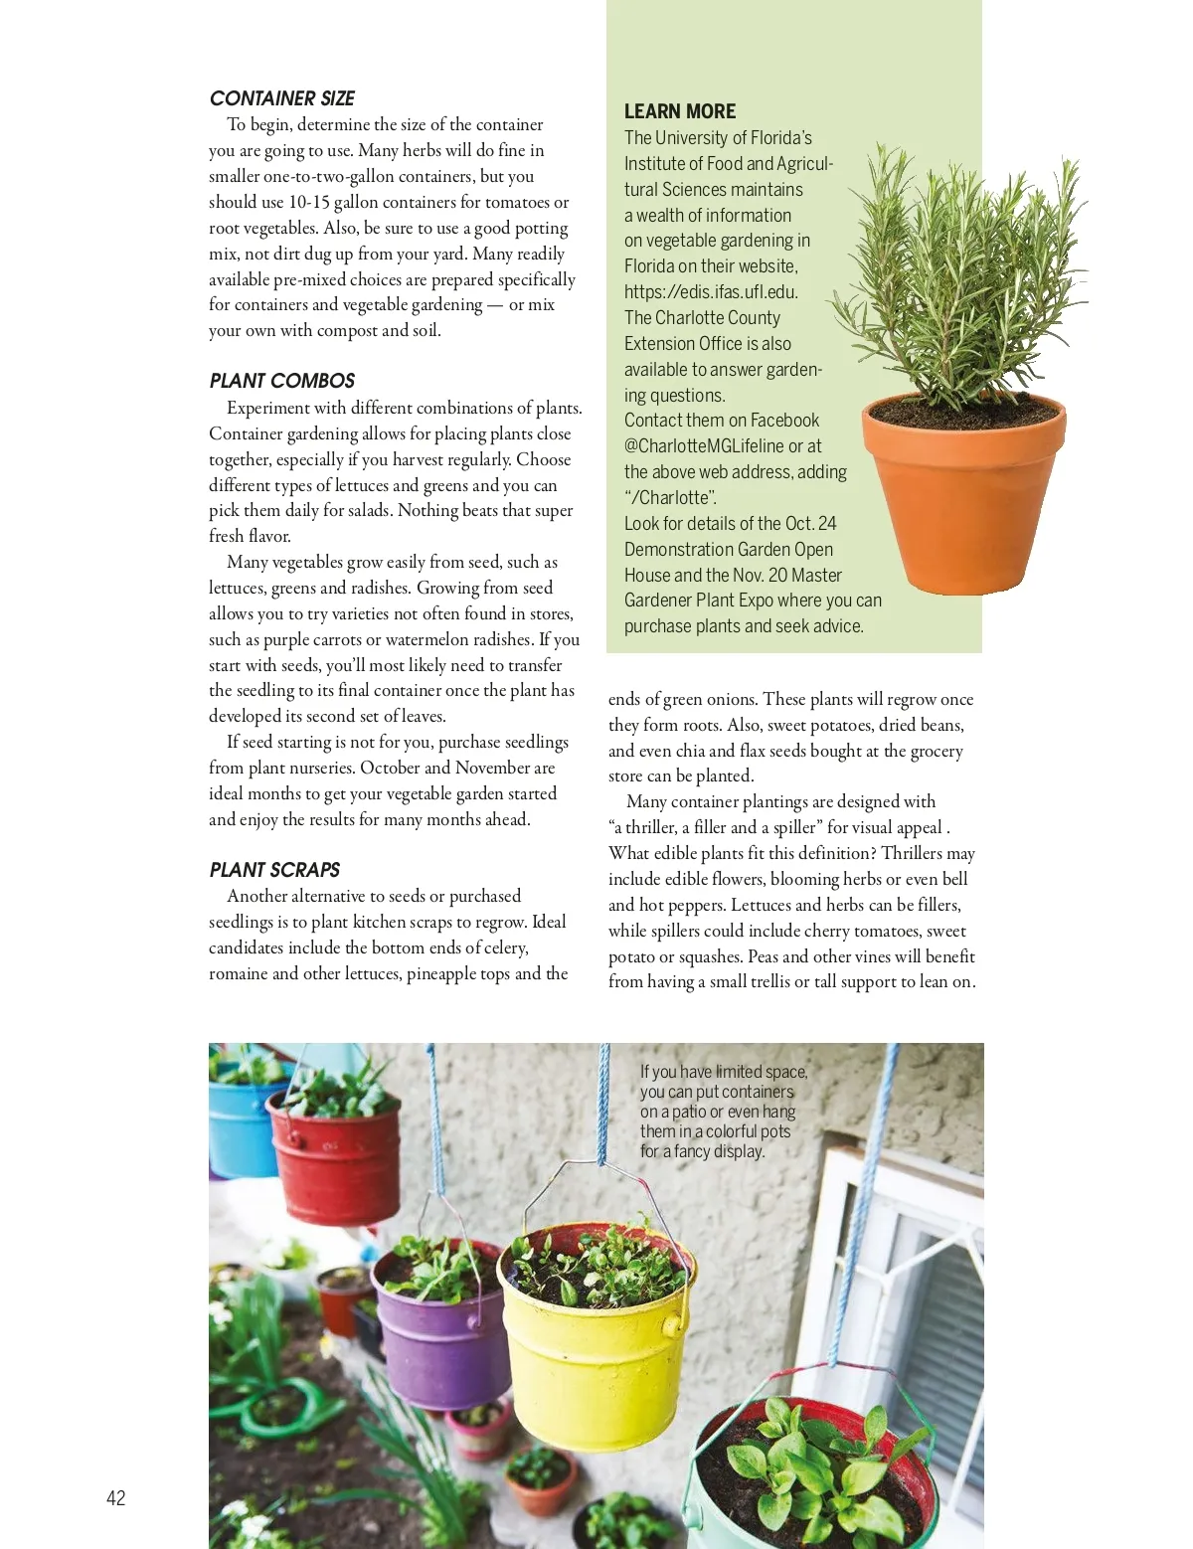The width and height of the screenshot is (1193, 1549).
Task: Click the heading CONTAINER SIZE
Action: [x=282, y=98]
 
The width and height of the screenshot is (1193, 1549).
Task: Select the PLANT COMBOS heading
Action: [x=282, y=381]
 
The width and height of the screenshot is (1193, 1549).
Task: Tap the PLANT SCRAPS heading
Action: [x=274, y=870]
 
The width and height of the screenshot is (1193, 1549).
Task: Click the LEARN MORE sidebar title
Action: [x=680, y=111]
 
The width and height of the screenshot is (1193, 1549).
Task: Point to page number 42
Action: [x=116, y=1498]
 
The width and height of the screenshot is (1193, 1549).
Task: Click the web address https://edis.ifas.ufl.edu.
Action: [x=711, y=292]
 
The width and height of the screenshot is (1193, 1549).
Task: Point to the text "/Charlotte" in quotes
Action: [x=670, y=498]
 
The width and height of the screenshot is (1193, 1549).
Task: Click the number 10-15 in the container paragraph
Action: [x=308, y=202]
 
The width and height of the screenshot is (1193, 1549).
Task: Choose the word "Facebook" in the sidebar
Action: [x=785, y=421]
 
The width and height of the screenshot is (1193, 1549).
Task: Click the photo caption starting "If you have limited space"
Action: [x=723, y=1111]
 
